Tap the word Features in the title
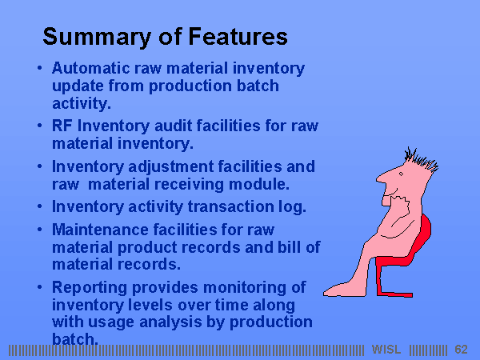[x=238, y=36]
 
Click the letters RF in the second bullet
[x=62, y=126]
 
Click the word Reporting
[x=90, y=288]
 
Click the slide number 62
[x=461, y=350]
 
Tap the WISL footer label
[x=386, y=350]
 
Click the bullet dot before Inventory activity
[x=39, y=206]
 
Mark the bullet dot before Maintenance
[x=39, y=229]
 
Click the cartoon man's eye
[x=401, y=174]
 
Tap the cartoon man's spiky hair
[x=421, y=159]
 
